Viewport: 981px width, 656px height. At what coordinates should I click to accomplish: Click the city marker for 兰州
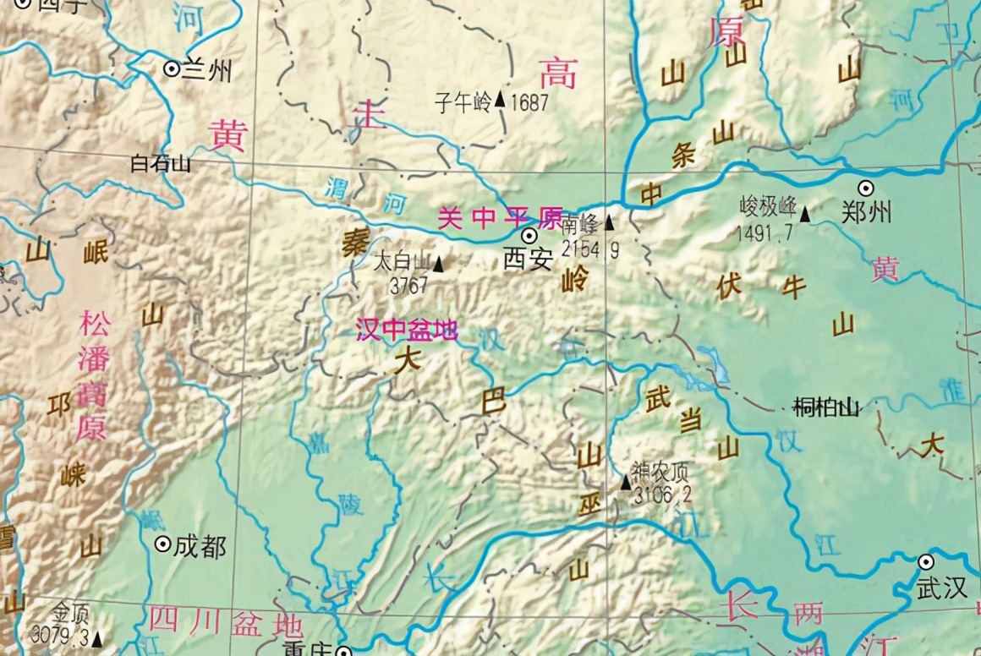pos(172,69)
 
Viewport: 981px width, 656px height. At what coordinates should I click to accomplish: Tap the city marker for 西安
pos(529,235)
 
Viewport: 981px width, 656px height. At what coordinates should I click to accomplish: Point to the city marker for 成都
pos(162,545)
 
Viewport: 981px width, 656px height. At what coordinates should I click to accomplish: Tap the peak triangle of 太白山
pos(438,265)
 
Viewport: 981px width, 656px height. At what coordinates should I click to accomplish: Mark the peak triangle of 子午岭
pos(500,100)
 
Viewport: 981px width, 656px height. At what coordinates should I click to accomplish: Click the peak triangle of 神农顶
pos(626,482)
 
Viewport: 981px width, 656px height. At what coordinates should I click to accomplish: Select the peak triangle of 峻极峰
pos(806,215)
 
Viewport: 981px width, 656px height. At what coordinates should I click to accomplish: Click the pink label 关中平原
pos(500,219)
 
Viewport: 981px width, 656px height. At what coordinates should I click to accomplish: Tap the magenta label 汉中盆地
pos(407,330)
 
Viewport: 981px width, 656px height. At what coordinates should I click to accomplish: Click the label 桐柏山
pos(826,408)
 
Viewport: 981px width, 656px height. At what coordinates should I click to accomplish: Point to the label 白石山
pos(161,163)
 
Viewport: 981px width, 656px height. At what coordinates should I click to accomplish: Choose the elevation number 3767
pos(409,286)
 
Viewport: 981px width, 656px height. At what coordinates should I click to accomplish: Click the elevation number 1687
pos(529,103)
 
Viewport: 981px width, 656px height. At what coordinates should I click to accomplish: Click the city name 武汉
pos(940,589)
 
